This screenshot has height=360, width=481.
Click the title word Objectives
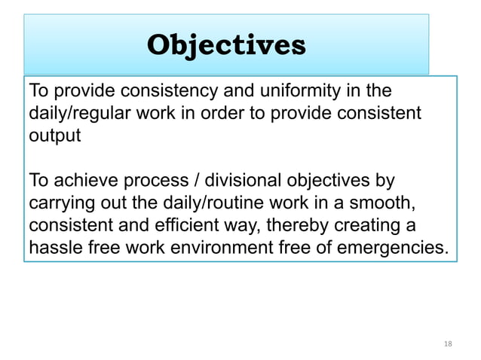(226, 45)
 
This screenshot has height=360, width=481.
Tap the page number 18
(448, 343)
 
